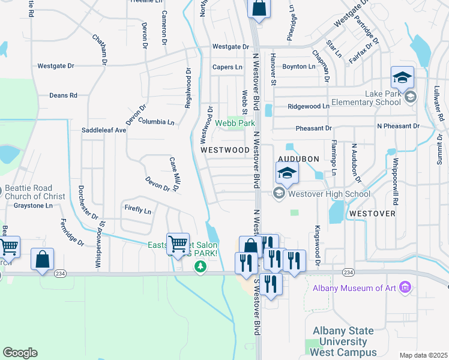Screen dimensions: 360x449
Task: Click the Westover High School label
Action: tap(328, 194)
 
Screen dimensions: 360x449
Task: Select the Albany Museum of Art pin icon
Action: tap(405, 287)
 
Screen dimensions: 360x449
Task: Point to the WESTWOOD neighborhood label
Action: tap(224, 149)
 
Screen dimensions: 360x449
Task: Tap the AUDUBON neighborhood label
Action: tap(298, 158)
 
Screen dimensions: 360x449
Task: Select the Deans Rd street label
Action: tap(63, 95)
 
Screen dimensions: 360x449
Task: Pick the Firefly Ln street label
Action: tap(138, 210)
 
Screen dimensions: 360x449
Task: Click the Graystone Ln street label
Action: tap(33, 205)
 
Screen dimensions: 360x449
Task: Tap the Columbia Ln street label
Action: tap(156, 121)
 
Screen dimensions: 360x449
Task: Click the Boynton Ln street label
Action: tap(298, 67)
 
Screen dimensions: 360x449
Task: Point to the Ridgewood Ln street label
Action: tap(309, 106)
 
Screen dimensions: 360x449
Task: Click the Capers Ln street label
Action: tap(228, 67)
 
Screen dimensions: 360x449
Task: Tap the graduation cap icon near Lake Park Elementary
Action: tap(402, 77)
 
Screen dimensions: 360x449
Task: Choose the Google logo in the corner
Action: tap(20, 353)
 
